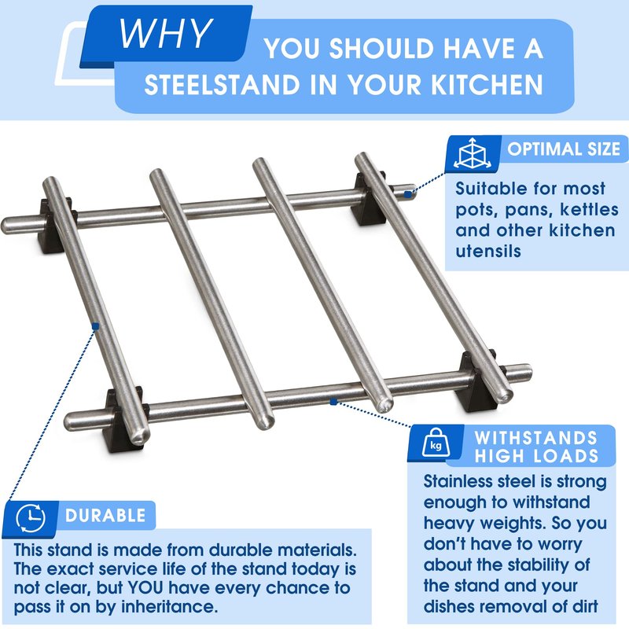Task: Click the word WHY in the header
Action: tap(165, 33)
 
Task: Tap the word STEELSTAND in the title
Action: tap(222, 85)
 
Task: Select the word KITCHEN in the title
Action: tap(487, 84)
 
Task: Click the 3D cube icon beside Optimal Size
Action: tap(473, 153)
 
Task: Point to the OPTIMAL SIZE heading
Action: tap(564, 149)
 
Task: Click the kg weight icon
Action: tap(436, 443)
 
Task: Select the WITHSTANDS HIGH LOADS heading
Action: tap(536, 447)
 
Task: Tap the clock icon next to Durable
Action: tap(31, 518)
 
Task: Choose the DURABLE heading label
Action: tap(105, 516)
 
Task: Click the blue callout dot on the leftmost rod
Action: tap(95, 326)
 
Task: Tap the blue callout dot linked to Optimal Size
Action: tap(407, 194)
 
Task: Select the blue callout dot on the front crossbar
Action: tap(333, 402)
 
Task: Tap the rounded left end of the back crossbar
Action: tap(8, 226)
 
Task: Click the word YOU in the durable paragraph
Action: tap(145, 588)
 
